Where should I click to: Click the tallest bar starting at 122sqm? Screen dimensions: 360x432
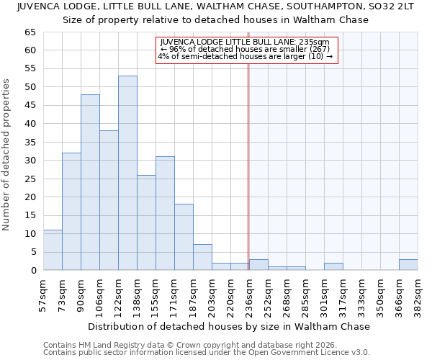[127, 173]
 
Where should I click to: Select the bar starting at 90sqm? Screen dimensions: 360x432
[90, 182]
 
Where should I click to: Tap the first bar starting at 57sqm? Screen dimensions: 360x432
[53, 250]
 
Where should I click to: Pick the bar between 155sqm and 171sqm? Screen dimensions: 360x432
[165, 213]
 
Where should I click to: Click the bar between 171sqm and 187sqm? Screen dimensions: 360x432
[184, 237]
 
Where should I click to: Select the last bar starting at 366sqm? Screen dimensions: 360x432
[408, 265]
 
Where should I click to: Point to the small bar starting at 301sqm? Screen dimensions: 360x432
[333, 266]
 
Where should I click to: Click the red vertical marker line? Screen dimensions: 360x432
[248, 166]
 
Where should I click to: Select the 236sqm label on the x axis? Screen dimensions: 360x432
[249, 294]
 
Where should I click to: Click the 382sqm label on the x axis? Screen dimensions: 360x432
[418, 294]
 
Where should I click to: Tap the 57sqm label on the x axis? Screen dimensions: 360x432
[43, 294]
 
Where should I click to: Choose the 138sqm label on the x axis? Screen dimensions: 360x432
[137, 294]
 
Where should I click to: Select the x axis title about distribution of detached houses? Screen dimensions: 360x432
[230, 326]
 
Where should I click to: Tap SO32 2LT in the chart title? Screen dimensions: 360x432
[393, 6]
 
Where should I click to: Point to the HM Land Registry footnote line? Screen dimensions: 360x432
[176, 345]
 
